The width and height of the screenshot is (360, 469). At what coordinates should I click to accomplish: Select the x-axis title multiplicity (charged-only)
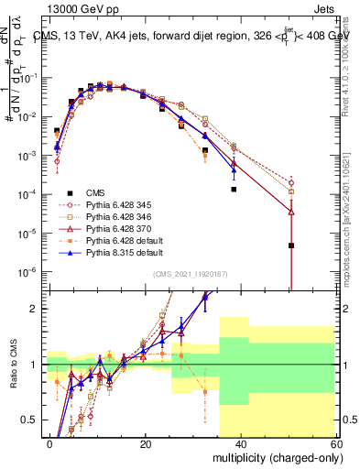coord(274,458)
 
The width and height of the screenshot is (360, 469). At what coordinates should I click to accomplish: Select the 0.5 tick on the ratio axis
coord(31,420)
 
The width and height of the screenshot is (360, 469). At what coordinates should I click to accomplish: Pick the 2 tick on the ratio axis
coord(35,309)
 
